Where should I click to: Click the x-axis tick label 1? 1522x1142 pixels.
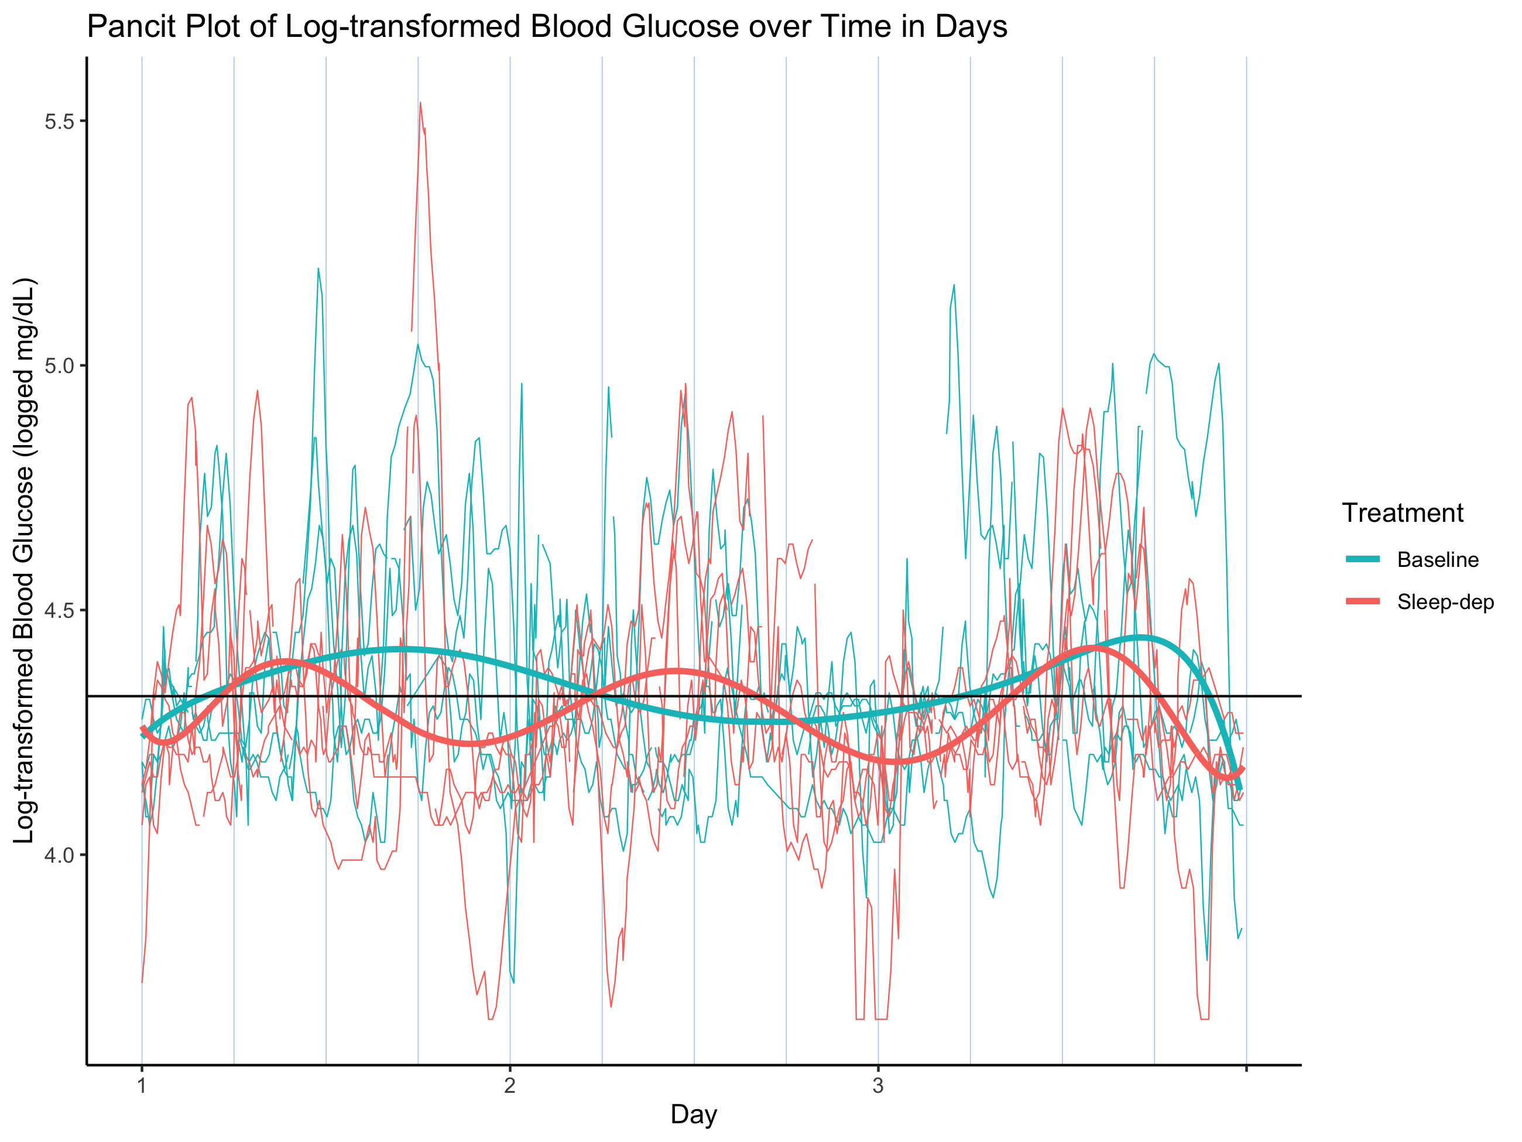tap(142, 1086)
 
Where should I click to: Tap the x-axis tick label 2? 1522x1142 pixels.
tap(510, 1086)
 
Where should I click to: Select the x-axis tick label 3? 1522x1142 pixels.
tap(878, 1086)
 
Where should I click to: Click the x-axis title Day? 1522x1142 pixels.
tap(694, 1114)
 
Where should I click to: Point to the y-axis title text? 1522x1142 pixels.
tap(24, 560)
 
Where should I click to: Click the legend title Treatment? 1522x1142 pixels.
tap(1402, 514)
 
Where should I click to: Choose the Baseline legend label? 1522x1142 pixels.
tap(1437, 560)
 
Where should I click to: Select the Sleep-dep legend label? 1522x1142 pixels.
tap(1445, 602)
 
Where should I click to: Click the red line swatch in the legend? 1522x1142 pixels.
tap(1363, 602)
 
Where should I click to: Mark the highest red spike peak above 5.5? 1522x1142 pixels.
tap(420, 103)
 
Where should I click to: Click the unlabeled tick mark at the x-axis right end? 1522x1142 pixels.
tap(1246, 1069)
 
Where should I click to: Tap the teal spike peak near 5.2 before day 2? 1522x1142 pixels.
tap(318, 269)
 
